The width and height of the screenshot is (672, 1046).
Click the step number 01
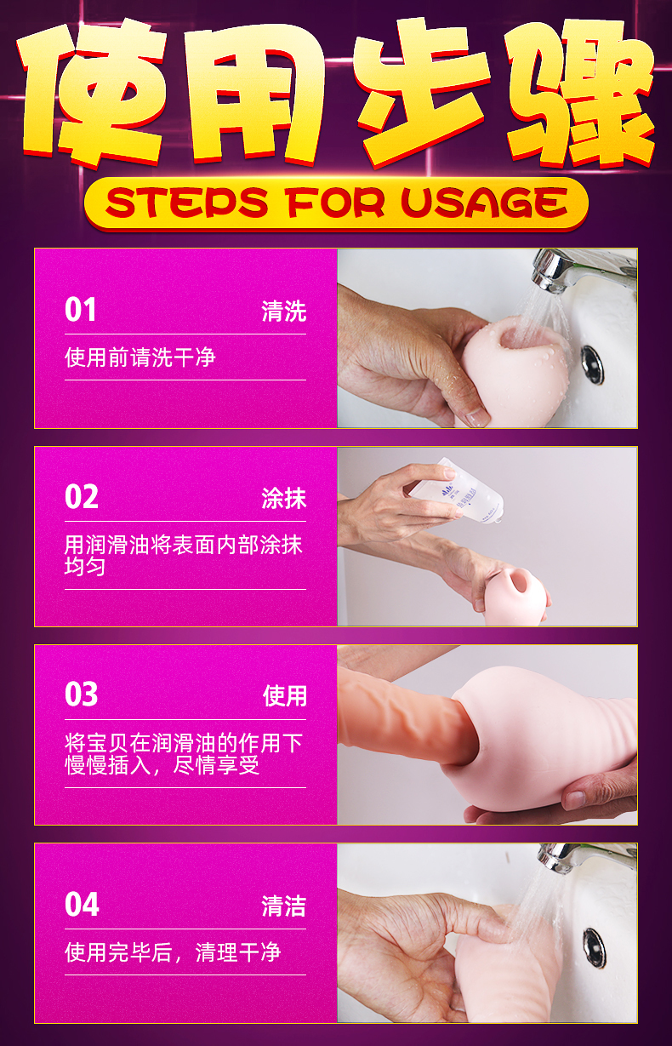(81, 311)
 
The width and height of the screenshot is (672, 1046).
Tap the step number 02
(82, 497)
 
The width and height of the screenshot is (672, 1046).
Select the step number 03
(82, 695)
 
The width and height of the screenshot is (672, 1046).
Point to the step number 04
(82, 905)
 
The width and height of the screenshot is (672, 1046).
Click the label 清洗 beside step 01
(283, 312)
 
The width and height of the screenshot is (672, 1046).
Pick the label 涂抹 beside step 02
(283, 498)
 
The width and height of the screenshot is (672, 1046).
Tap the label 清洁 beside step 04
(283, 906)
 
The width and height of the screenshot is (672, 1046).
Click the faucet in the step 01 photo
(578, 271)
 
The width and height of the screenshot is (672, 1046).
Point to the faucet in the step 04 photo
(583, 861)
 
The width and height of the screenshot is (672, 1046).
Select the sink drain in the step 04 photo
(594, 948)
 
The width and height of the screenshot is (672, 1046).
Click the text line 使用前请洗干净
(140, 357)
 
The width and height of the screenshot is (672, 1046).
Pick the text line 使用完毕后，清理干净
(173, 952)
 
